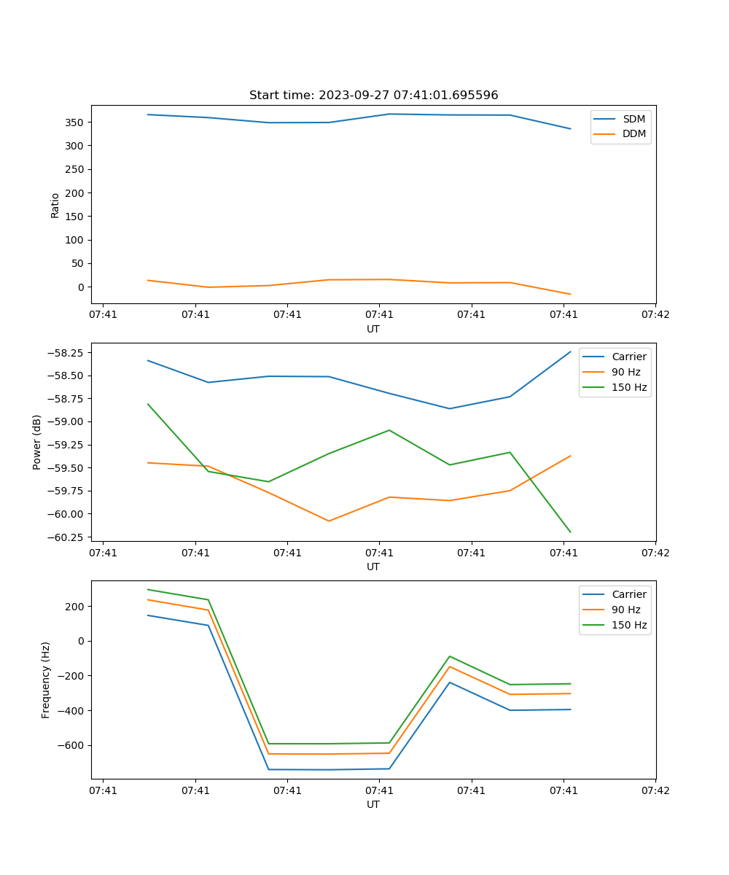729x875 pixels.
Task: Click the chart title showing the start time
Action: [373, 96]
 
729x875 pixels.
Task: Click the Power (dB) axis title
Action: [37, 442]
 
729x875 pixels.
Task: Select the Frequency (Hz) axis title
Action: [46, 680]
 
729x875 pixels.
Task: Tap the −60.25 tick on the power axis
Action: [67, 537]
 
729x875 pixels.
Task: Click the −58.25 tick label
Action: [67, 353]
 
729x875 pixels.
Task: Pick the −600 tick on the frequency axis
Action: [71, 745]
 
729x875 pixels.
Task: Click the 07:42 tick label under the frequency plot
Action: [655, 790]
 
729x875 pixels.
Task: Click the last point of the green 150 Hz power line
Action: [570, 532]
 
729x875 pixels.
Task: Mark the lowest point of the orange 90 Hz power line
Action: [329, 521]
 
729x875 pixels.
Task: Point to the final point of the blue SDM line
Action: [570, 129]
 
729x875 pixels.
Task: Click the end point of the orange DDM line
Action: [570, 295]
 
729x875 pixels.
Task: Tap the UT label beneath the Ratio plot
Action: [373, 329]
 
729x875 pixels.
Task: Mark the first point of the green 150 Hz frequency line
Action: [148, 589]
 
